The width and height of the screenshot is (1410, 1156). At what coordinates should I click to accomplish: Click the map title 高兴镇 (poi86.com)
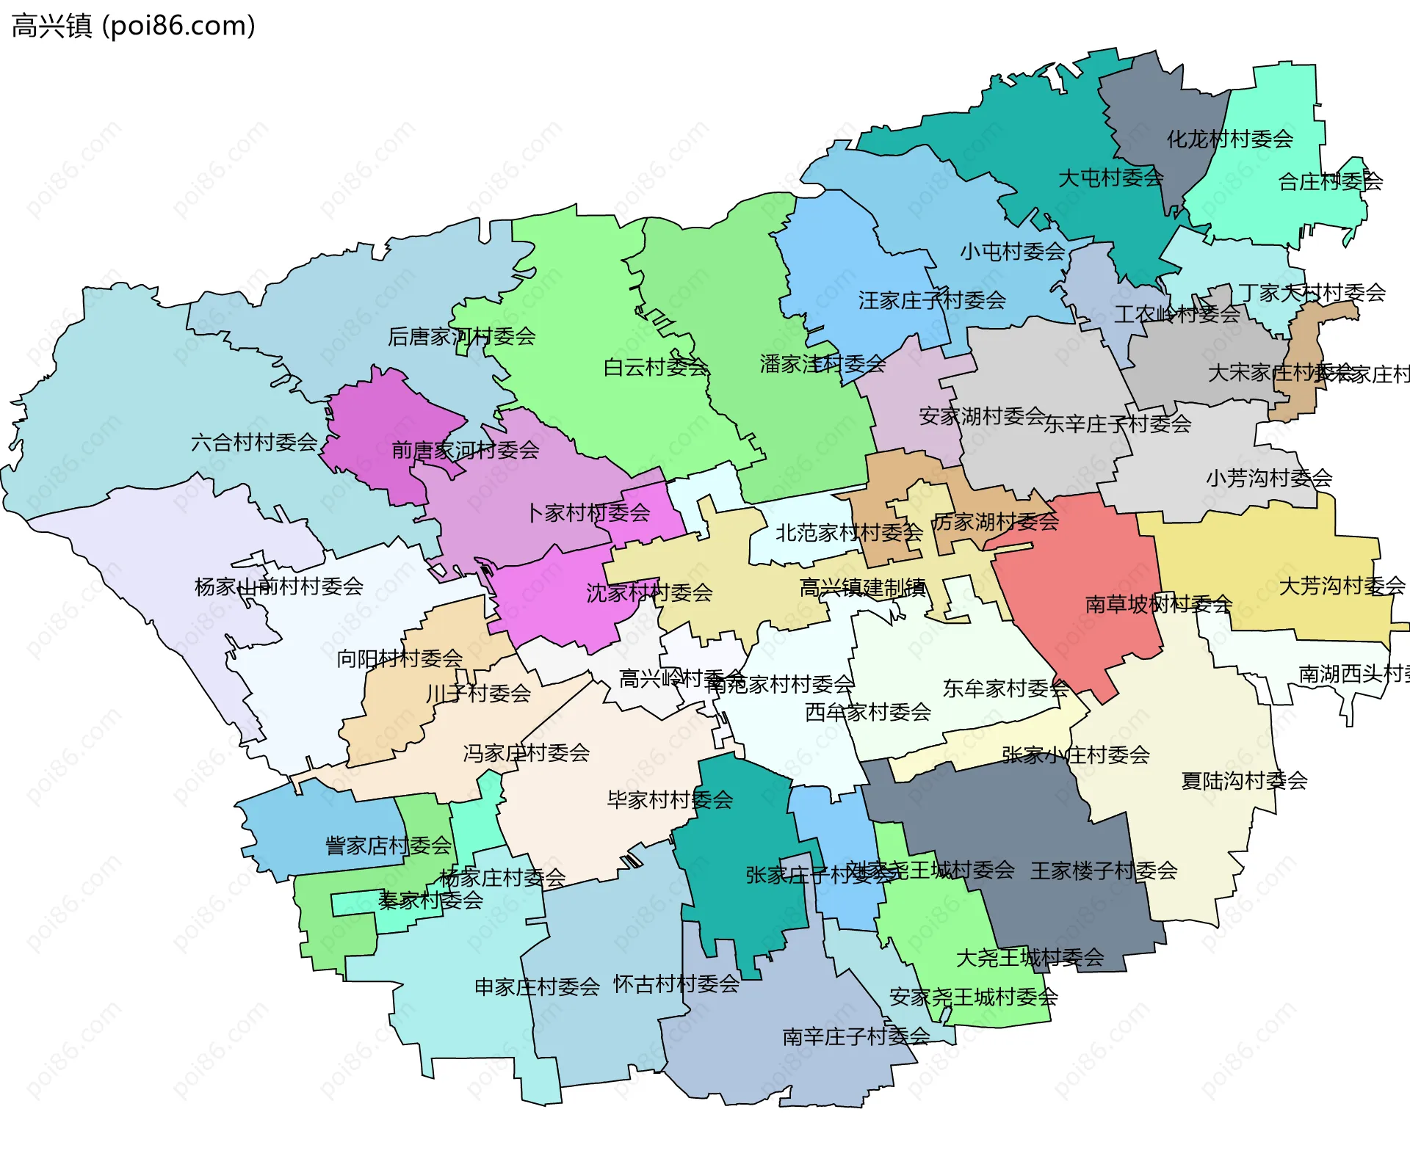(x=133, y=26)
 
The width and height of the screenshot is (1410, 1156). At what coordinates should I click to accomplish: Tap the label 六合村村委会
(x=254, y=443)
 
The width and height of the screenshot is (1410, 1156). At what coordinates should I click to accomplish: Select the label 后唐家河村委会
(x=461, y=337)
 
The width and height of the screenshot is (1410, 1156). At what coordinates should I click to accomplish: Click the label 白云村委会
(x=655, y=367)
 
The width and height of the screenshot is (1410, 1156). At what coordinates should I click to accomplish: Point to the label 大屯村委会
(x=1110, y=178)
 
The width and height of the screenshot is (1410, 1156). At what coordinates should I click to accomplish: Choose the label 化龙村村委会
(x=1229, y=139)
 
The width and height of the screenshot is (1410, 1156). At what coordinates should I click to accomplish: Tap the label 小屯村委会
(x=1012, y=252)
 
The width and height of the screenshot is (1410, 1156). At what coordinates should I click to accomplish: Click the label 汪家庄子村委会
(x=932, y=300)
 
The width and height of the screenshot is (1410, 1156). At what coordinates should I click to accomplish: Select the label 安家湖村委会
(x=982, y=416)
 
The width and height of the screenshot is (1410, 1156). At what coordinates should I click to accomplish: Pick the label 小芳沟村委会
(x=1268, y=479)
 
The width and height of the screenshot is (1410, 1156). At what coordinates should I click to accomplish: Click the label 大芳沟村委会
(x=1342, y=586)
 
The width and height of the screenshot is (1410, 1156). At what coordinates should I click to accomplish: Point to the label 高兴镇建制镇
(x=862, y=588)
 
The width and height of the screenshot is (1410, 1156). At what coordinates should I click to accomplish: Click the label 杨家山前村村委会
(x=279, y=586)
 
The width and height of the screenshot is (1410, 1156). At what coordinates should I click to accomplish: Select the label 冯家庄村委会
(x=526, y=753)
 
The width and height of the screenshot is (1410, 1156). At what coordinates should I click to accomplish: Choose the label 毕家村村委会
(x=670, y=800)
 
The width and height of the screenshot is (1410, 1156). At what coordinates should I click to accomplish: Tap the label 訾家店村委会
(x=388, y=846)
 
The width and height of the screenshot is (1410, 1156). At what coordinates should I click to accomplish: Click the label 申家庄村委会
(x=537, y=986)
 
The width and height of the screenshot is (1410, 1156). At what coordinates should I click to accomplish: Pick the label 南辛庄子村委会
(x=856, y=1036)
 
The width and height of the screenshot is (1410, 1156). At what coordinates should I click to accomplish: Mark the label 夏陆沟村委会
(x=1244, y=781)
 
